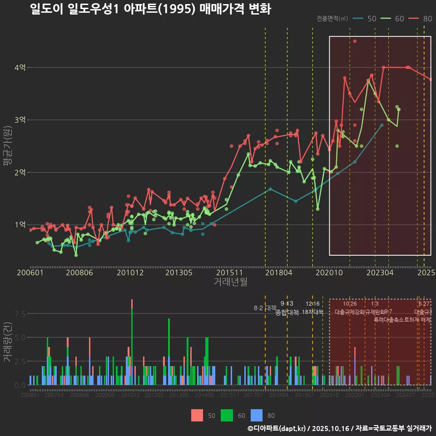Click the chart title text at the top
click(x=150, y=10)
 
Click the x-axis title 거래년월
click(x=230, y=282)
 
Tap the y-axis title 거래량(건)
click(x=7, y=342)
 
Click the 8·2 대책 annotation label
click(x=265, y=308)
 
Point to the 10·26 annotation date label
click(x=350, y=304)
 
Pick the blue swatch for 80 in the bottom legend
click(x=257, y=415)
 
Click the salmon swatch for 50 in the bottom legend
click(x=197, y=415)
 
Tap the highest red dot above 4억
click(x=355, y=41)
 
